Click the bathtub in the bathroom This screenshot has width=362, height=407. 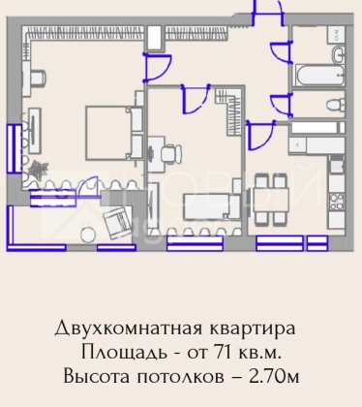(x=320, y=76)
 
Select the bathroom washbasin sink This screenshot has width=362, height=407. (x=338, y=53)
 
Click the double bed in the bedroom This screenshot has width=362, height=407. (x=114, y=133)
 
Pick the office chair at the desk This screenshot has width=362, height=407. (x=170, y=153)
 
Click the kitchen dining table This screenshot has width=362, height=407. (x=271, y=199)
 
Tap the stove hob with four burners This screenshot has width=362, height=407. (x=337, y=202)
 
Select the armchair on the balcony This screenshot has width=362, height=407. (x=117, y=222)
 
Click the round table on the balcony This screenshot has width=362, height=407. (x=87, y=235)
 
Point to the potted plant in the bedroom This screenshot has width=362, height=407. (x=38, y=169)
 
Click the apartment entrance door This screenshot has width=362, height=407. (x=268, y=13)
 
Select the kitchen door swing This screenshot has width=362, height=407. (x=260, y=135)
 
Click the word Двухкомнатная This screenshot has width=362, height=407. (x=129, y=329)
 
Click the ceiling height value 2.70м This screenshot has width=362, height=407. (x=274, y=376)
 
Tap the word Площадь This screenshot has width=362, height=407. (x=124, y=353)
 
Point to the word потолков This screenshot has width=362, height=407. (x=180, y=377)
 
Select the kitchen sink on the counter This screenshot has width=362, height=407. (x=337, y=166)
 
